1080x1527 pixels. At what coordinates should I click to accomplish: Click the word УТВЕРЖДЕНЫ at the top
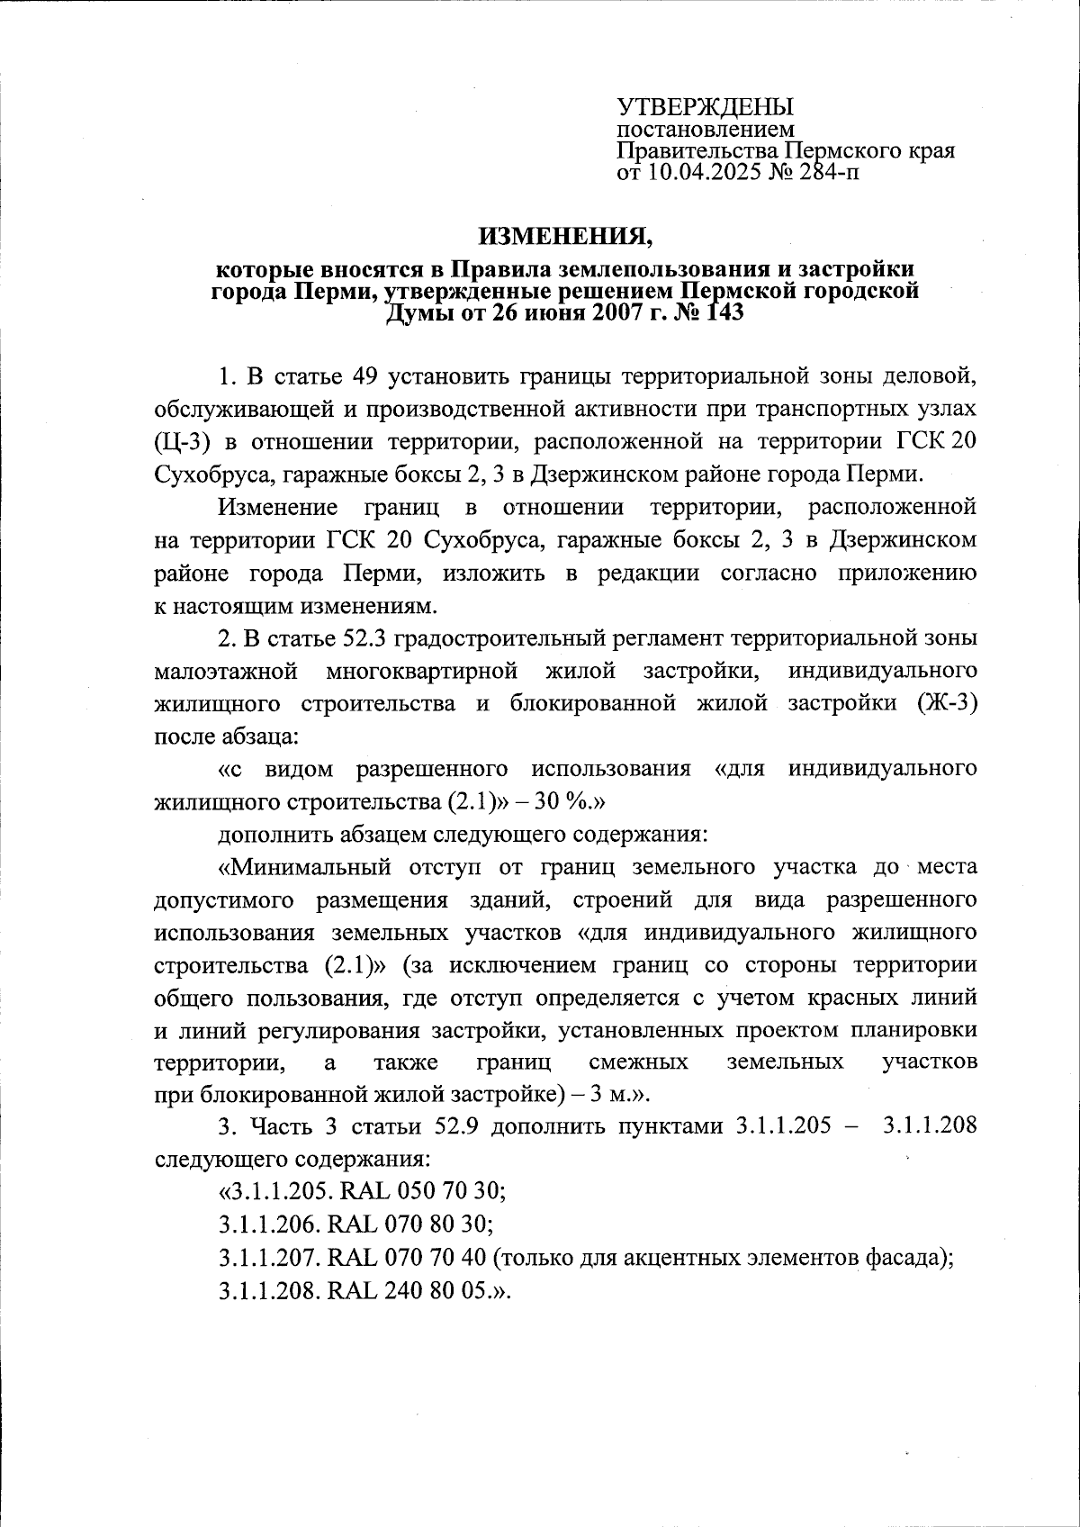(x=705, y=107)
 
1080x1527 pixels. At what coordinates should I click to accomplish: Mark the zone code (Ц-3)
(x=182, y=441)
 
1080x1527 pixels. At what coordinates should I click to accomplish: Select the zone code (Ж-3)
(x=947, y=703)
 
